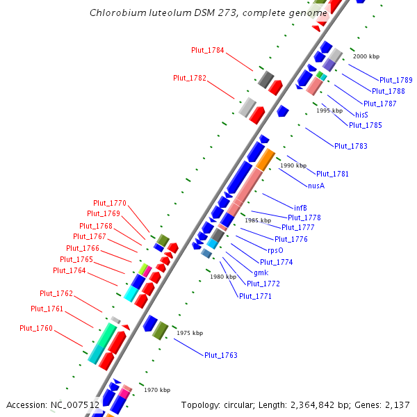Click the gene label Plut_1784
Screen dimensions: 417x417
(208, 50)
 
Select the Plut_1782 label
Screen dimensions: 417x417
(190, 79)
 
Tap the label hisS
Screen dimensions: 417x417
(361, 115)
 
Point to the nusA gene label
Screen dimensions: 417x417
(316, 186)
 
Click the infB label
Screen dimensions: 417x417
(300, 208)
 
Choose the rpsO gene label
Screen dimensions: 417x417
(275, 250)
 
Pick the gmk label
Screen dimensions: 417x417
(261, 272)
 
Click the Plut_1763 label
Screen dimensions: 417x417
(220, 356)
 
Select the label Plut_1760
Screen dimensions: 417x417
(36, 328)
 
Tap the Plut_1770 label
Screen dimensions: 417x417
(110, 204)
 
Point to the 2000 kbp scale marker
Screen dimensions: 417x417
(366, 56)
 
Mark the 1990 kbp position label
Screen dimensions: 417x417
(293, 166)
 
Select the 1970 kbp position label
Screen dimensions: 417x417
(157, 391)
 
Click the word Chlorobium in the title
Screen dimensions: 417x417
(116, 13)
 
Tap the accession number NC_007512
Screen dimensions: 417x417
(74, 404)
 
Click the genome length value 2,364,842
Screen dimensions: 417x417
(322, 404)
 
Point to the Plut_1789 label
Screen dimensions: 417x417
(396, 81)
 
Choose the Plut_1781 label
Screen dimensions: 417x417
(332, 174)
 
